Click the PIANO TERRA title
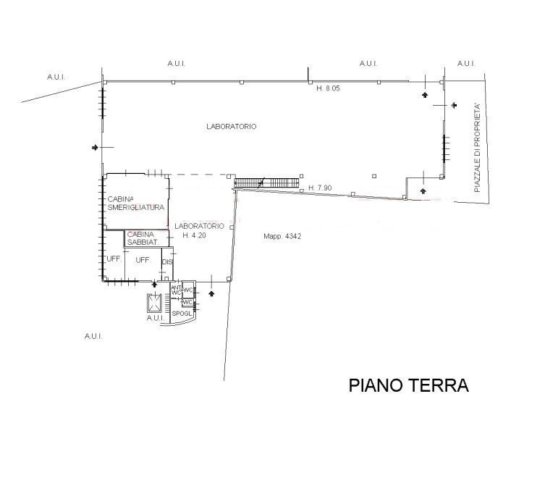tap(409, 385)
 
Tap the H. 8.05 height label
tap(328, 88)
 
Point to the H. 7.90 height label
tap(320, 188)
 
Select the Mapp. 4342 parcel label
tap(282, 236)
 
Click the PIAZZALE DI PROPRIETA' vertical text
tap(477, 148)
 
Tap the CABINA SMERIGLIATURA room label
tap(136, 204)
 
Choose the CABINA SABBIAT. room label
tap(143, 238)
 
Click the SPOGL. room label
tap(182, 314)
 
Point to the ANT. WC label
tap(176, 290)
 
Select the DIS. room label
tap(167, 262)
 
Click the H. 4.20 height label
tap(194, 235)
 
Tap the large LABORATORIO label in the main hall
tap(232, 126)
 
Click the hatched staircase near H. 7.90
tap(266, 183)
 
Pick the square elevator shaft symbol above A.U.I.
tap(154, 303)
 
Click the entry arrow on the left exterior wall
tap(95, 148)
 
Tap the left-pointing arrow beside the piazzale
tap(454, 105)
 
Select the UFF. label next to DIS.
tap(143, 260)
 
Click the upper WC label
tap(188, 290)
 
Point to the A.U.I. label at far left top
tap(56, 77)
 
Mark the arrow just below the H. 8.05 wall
tap(425, 95)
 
